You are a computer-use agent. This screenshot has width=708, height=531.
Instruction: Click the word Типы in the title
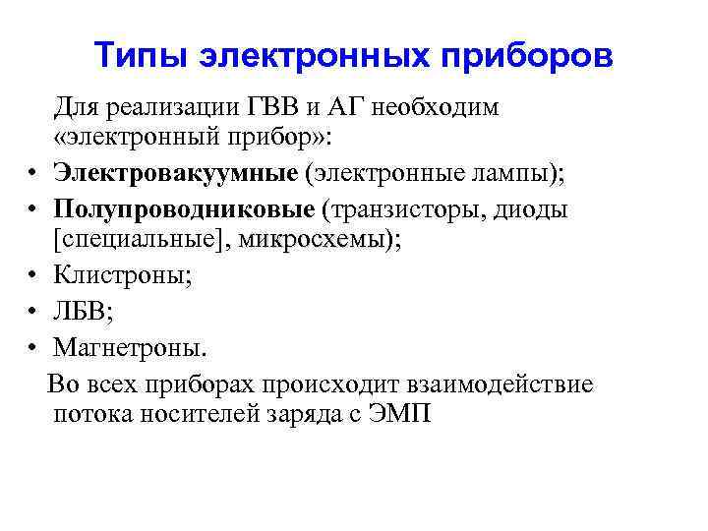click(x=140, y=55)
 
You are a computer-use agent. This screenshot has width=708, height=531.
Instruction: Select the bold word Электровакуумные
click(x=175, y=174)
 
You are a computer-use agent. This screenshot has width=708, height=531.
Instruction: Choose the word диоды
click(x=533, y=209)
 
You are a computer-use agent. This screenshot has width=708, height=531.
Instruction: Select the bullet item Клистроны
click(x=122, y=278)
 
